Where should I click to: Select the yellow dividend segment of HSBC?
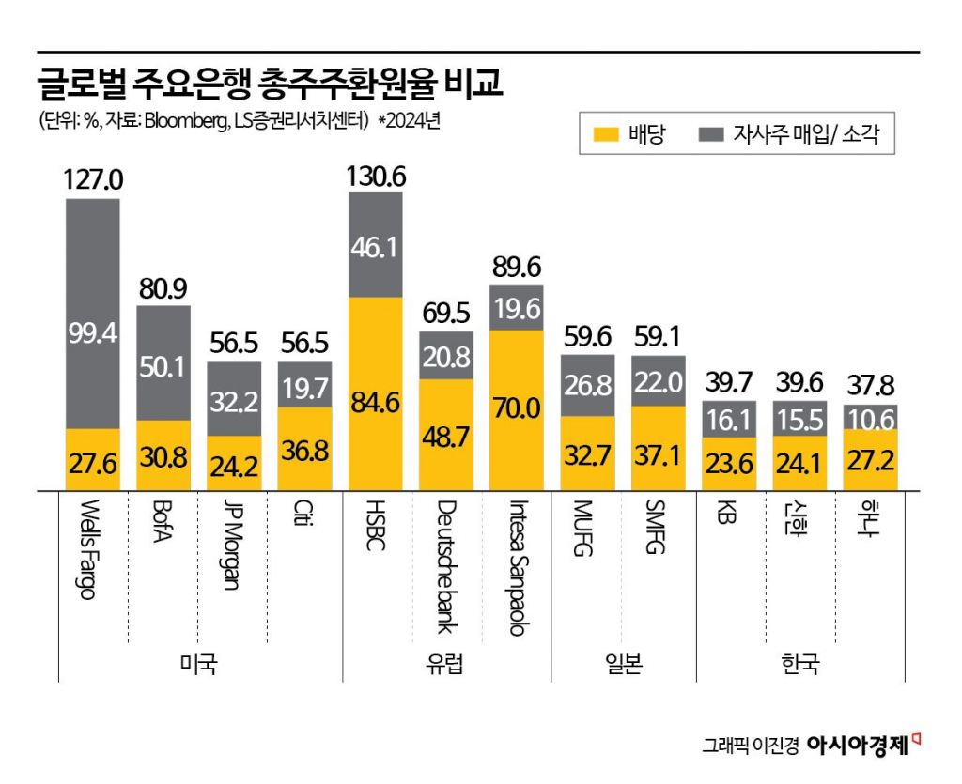(x=376, y=392)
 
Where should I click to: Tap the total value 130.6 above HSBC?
(x=376, y=176)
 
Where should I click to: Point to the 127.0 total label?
(x=93, y=180)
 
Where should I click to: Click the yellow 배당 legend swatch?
(x=607, y=134)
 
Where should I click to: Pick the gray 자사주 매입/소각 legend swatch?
(x=711, y=134)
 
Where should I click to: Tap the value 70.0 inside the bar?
(x=517, y=408)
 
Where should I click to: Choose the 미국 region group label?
(x=198, y=666)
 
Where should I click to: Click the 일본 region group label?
(x=623, y=666)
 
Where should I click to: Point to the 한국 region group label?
(x=800, y=666)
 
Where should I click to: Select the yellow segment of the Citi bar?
(x=304, y=448)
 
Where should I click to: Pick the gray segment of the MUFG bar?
(x=587, y=385)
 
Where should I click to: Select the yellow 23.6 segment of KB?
(x=729, y=463)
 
